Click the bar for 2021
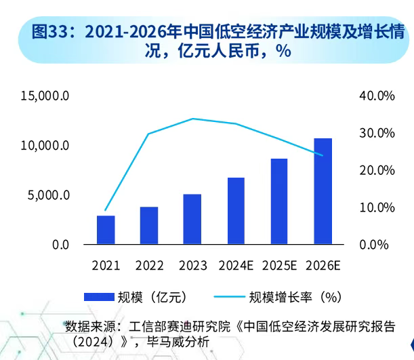click(x=106, y=230)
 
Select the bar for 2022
click(x=149, y=226)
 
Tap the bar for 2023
click(x=192, y=219)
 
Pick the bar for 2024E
click(x=236, y=211)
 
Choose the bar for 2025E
click(x=279, y=201)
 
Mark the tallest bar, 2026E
click(x=323, y=191)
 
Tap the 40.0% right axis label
click(x=377, y=96)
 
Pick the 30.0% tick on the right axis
click(x=377, y=133)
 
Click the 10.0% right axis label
click(x=377, y=207)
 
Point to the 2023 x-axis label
click(x=192, y=265)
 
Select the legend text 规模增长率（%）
click(x=293, y=296)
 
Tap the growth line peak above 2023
click(x=192, y=119)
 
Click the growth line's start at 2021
click(x=106, y=211)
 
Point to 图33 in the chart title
click(x=50, y=31)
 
